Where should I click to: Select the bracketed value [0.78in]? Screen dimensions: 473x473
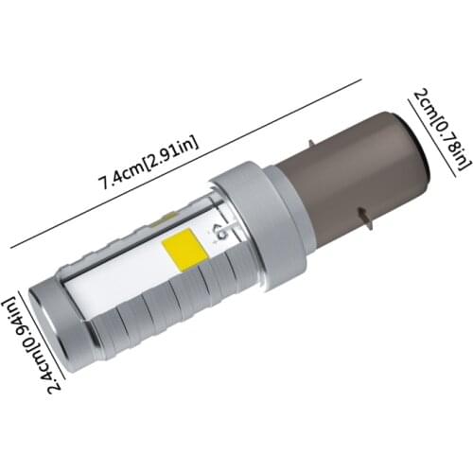(443, 145)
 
